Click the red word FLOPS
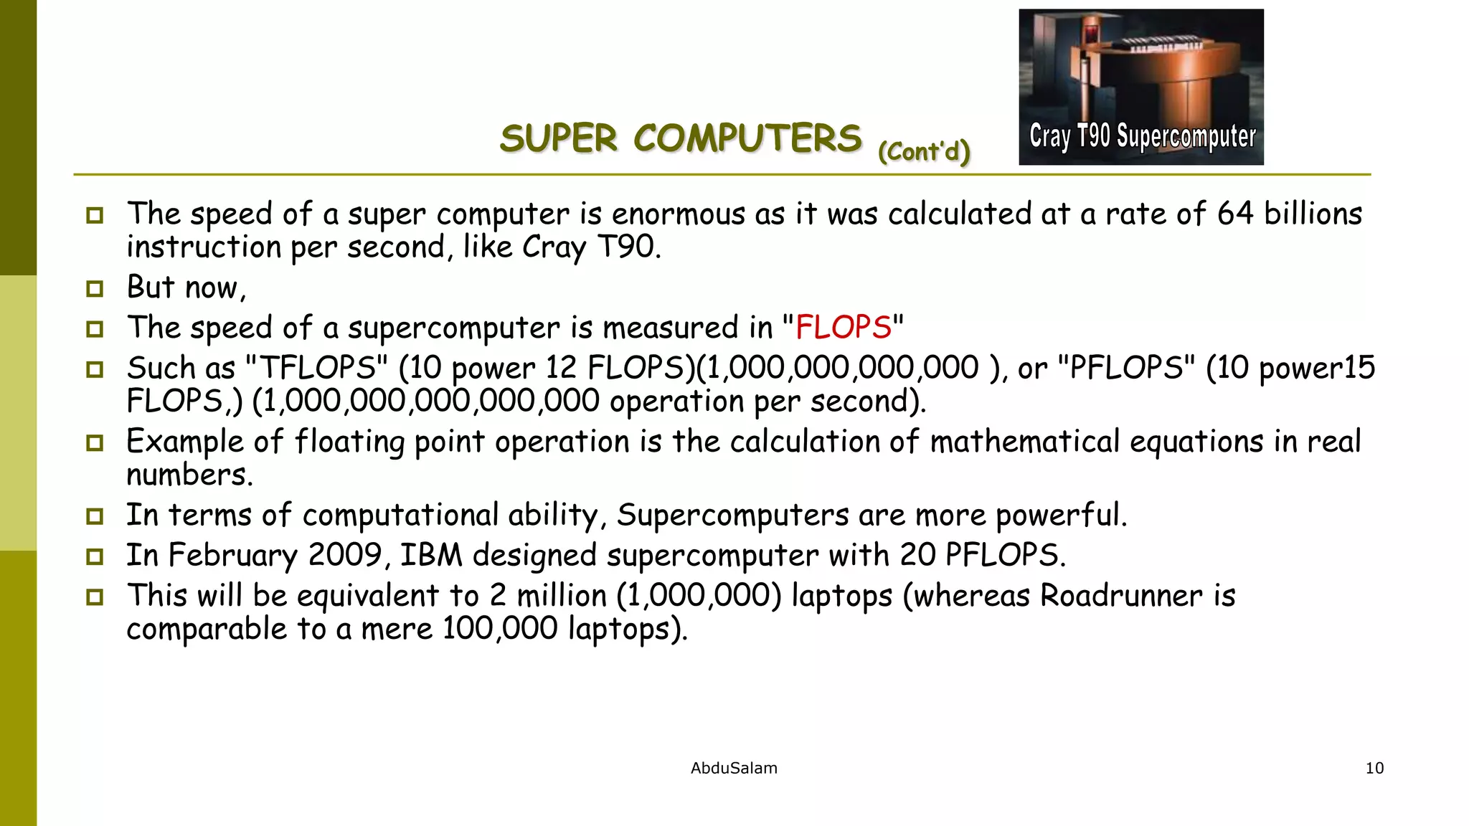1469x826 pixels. (x=843, y=328)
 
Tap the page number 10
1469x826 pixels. (x=1374, y=768)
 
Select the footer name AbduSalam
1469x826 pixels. (x=734, y=768)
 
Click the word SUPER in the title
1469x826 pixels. (x=558, y=138)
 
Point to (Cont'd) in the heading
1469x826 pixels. (x=924, y=151)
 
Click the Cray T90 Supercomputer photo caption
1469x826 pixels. (x=1142, y=136)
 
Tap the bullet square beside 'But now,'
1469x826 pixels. (x=95, y=288)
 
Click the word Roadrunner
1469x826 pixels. (x=1121, y=596)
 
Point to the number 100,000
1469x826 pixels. (x=500, y=629)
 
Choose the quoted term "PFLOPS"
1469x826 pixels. (x=1127, y=368)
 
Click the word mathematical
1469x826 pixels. (x=1025, y=441)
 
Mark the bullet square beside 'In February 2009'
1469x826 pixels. (x=95, y=556)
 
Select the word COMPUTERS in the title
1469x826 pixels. (x=747, y=138)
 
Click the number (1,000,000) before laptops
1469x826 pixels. (x=699, y=596)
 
